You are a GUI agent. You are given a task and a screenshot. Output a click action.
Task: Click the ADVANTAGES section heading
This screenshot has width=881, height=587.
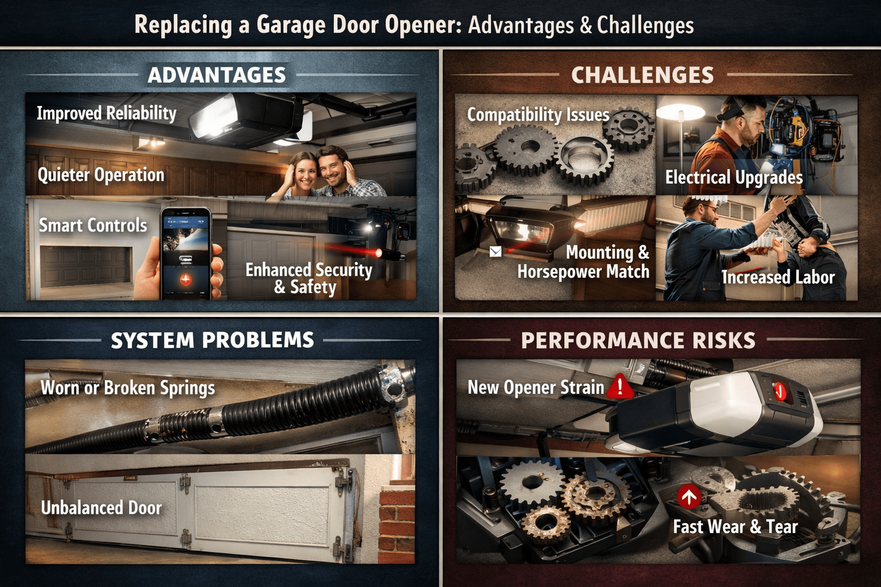tap(216, 75)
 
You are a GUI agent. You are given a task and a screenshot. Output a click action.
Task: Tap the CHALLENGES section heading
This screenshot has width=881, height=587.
tap(642, 75)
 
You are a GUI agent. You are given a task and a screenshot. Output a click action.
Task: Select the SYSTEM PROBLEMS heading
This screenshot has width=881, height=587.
tap(212, 340)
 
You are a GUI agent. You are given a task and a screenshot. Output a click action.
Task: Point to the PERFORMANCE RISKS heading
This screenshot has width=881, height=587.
tap(638, 341)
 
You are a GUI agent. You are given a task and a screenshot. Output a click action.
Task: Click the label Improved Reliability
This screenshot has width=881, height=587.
tap(107, 113)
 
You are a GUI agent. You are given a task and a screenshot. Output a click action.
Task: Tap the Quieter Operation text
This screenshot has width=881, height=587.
tap(101, 175)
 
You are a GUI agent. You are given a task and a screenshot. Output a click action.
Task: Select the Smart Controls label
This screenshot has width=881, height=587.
tap(93, 225)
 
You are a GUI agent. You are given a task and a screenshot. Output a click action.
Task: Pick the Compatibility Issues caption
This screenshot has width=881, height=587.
tap(538, 115)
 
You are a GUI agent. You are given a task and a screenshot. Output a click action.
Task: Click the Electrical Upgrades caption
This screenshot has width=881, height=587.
tap(734, 178)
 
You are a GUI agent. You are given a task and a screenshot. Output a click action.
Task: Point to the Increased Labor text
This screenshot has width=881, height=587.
tap(778, 277)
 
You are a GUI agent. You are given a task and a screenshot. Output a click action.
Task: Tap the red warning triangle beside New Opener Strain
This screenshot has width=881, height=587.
tap(619, 386)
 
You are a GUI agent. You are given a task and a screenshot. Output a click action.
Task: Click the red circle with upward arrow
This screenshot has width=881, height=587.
tap(688, 496)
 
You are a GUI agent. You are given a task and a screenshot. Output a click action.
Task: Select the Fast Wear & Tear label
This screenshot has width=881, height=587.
tap(735, 527)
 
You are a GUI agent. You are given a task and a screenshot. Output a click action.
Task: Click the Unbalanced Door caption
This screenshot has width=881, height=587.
tap(101, 508)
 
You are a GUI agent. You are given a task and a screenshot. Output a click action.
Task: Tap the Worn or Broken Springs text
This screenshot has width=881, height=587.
tap(127, 388)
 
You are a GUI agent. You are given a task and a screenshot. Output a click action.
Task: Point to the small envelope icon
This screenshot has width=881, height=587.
tap(496, 252)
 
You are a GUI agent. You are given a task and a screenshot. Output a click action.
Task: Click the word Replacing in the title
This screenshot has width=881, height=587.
tap(183, 25)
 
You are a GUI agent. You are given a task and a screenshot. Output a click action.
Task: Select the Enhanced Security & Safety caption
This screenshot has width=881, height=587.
tap(309, 278)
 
